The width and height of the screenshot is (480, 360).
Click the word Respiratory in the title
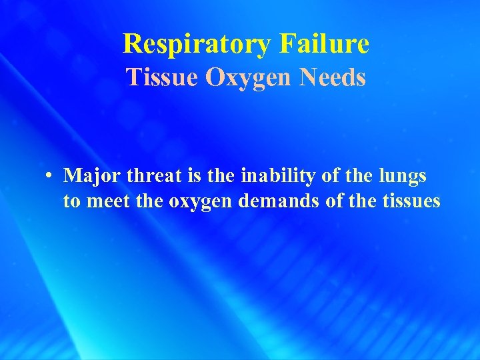coord(197,44)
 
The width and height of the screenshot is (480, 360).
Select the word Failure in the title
coord(325,44)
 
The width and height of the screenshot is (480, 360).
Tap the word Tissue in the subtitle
coord(162,77)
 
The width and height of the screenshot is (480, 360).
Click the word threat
coord(148,176)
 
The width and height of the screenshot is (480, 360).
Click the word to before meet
coord(71,201)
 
